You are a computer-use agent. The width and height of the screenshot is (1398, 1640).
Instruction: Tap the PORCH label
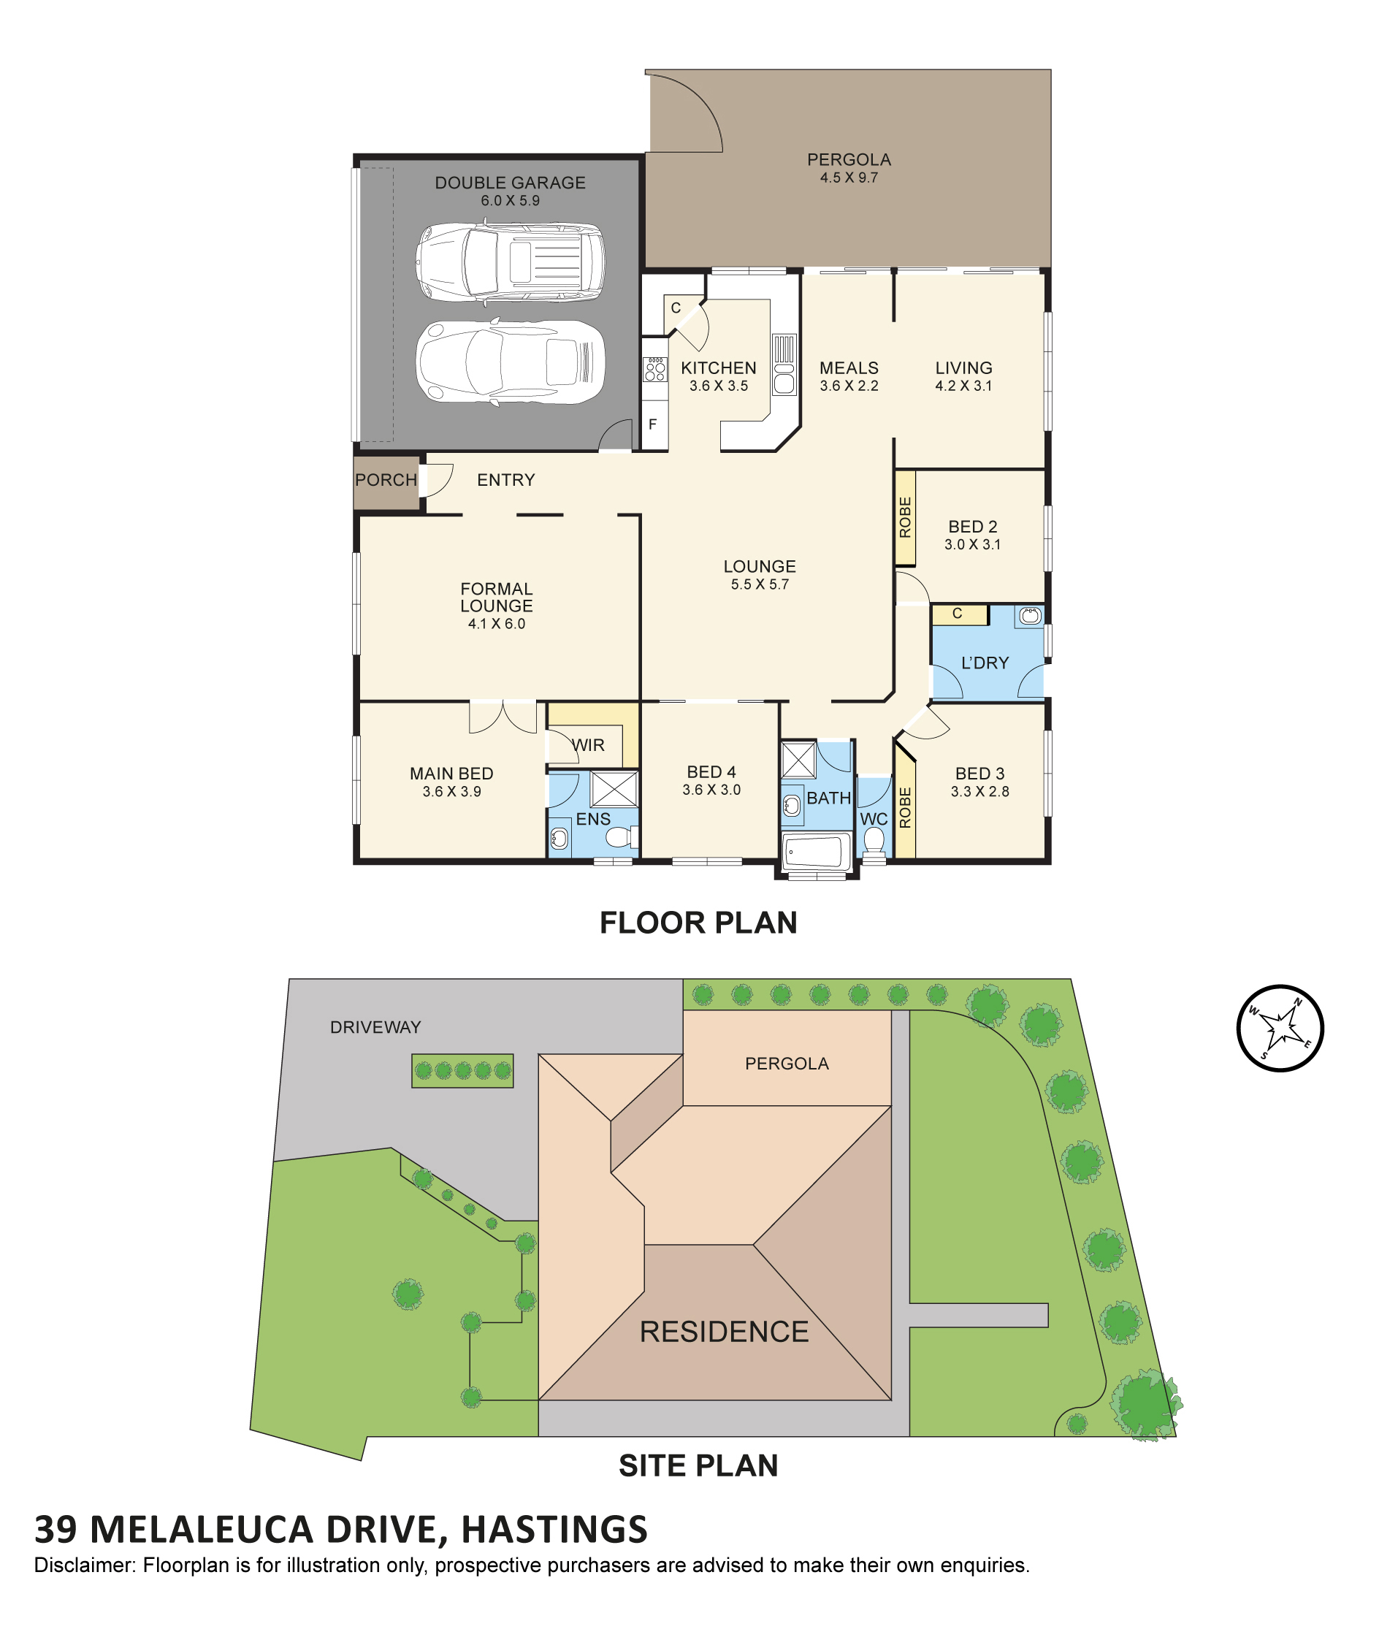point(386,480)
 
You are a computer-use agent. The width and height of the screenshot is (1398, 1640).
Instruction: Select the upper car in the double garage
point(511,263)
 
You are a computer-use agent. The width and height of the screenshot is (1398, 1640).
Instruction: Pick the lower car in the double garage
point(511,362)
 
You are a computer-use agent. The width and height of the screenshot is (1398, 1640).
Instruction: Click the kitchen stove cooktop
point(655,369)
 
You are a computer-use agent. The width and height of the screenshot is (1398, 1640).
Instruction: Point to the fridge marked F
point(654,424)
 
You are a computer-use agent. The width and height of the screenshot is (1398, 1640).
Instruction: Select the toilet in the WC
point(874,841)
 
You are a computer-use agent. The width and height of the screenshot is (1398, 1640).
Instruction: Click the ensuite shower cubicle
point(614,788)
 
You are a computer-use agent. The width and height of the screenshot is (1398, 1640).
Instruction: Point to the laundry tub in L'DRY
point(1029,616)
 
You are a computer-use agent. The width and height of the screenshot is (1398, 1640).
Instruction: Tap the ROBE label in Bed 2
point(905,518)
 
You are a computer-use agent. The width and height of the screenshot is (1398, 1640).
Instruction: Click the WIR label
point(588,745)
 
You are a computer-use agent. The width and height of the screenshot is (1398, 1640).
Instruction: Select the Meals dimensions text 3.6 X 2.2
point(849,386)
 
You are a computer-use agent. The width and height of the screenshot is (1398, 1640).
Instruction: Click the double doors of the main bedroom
point(503,717)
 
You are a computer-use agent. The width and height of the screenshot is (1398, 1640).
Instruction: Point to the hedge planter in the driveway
point(462,1070)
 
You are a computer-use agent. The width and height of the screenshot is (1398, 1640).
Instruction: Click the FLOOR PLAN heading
point(698,923)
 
